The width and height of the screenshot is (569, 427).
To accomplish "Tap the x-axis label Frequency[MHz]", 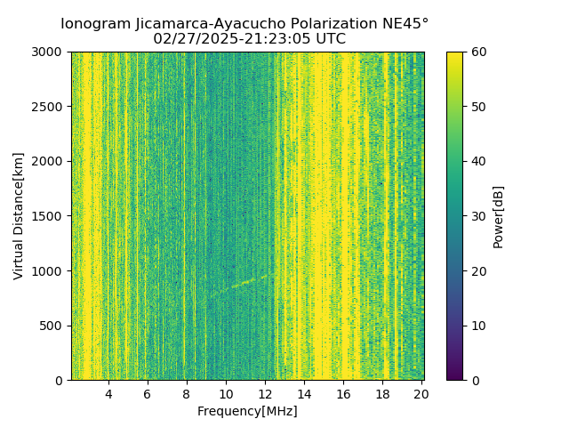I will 247,411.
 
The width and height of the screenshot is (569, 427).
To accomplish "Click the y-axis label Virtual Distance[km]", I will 19,215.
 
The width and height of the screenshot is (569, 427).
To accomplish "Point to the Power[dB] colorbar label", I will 499,215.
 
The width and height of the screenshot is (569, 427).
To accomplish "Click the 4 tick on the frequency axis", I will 108,394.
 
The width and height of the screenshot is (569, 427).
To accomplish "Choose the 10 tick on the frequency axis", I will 226,394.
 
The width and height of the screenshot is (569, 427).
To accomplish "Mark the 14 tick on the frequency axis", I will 304,394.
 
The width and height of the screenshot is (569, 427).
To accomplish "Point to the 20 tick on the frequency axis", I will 421,394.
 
